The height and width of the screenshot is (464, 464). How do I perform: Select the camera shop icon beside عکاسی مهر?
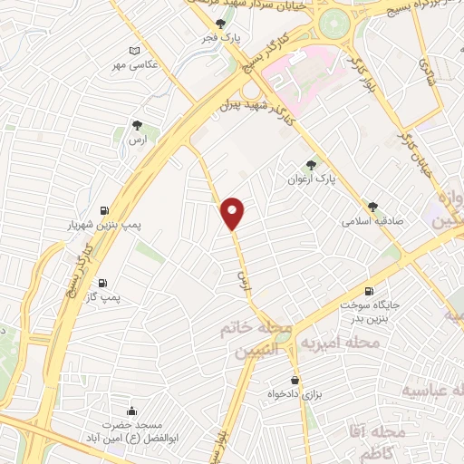click(x=135, y=51)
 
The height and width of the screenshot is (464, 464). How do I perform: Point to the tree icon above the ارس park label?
click(x=136, y=126)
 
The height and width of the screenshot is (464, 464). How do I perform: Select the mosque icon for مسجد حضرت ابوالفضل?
click(x=133, y=411)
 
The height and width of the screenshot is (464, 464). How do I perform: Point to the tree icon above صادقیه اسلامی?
click(x=372, y=205)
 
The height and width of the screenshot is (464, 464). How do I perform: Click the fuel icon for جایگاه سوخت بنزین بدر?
click(x=368, y=291)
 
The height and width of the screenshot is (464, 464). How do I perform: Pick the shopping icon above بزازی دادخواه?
click(x=295, y=381)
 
